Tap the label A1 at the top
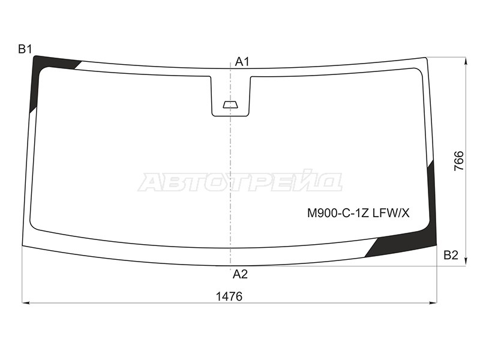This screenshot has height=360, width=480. point(242,61)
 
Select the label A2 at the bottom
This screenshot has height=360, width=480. point(240,274)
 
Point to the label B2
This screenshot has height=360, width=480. point(451,256)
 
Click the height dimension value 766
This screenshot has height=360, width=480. point(459,161)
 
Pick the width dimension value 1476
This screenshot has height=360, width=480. point(230,296)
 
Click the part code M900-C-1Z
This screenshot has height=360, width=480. point(337,213)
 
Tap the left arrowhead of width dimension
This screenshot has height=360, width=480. point(26,303)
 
